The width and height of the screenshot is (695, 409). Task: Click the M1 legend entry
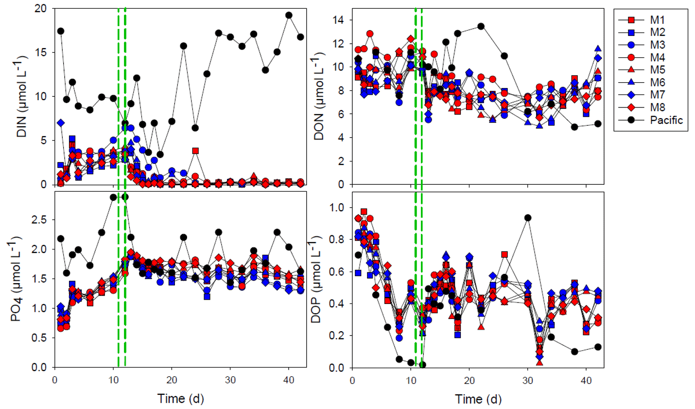pos(658,20)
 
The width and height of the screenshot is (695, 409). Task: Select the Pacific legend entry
pos(666,120)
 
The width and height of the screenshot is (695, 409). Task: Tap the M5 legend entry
pos(658,70)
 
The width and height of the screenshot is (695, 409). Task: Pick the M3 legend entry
pos(658,45)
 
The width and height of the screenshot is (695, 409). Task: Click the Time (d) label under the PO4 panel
pos(180,399)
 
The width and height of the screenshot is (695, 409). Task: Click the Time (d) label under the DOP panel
pos(478,399)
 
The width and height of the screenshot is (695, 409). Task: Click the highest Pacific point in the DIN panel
pos(289,15)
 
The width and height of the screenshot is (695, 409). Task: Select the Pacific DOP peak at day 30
pos(528,218)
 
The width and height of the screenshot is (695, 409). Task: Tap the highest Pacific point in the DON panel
pos(481,26)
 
